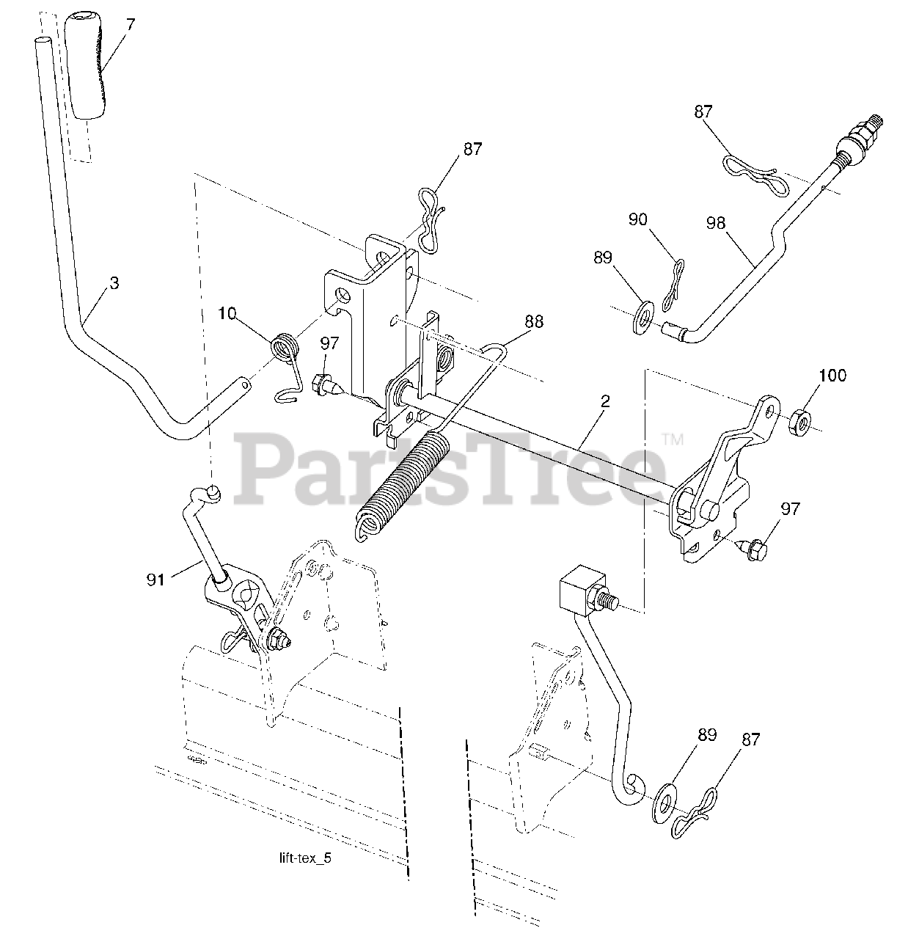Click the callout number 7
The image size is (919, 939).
click(131, 24)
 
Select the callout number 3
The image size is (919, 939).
click(114, 282)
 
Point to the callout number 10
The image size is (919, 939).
click(227, 314)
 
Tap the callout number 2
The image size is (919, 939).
click(605, 401)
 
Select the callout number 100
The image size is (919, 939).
click(832, 376)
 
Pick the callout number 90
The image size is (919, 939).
click(638, 219)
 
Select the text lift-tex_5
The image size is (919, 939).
click(301, 858)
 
